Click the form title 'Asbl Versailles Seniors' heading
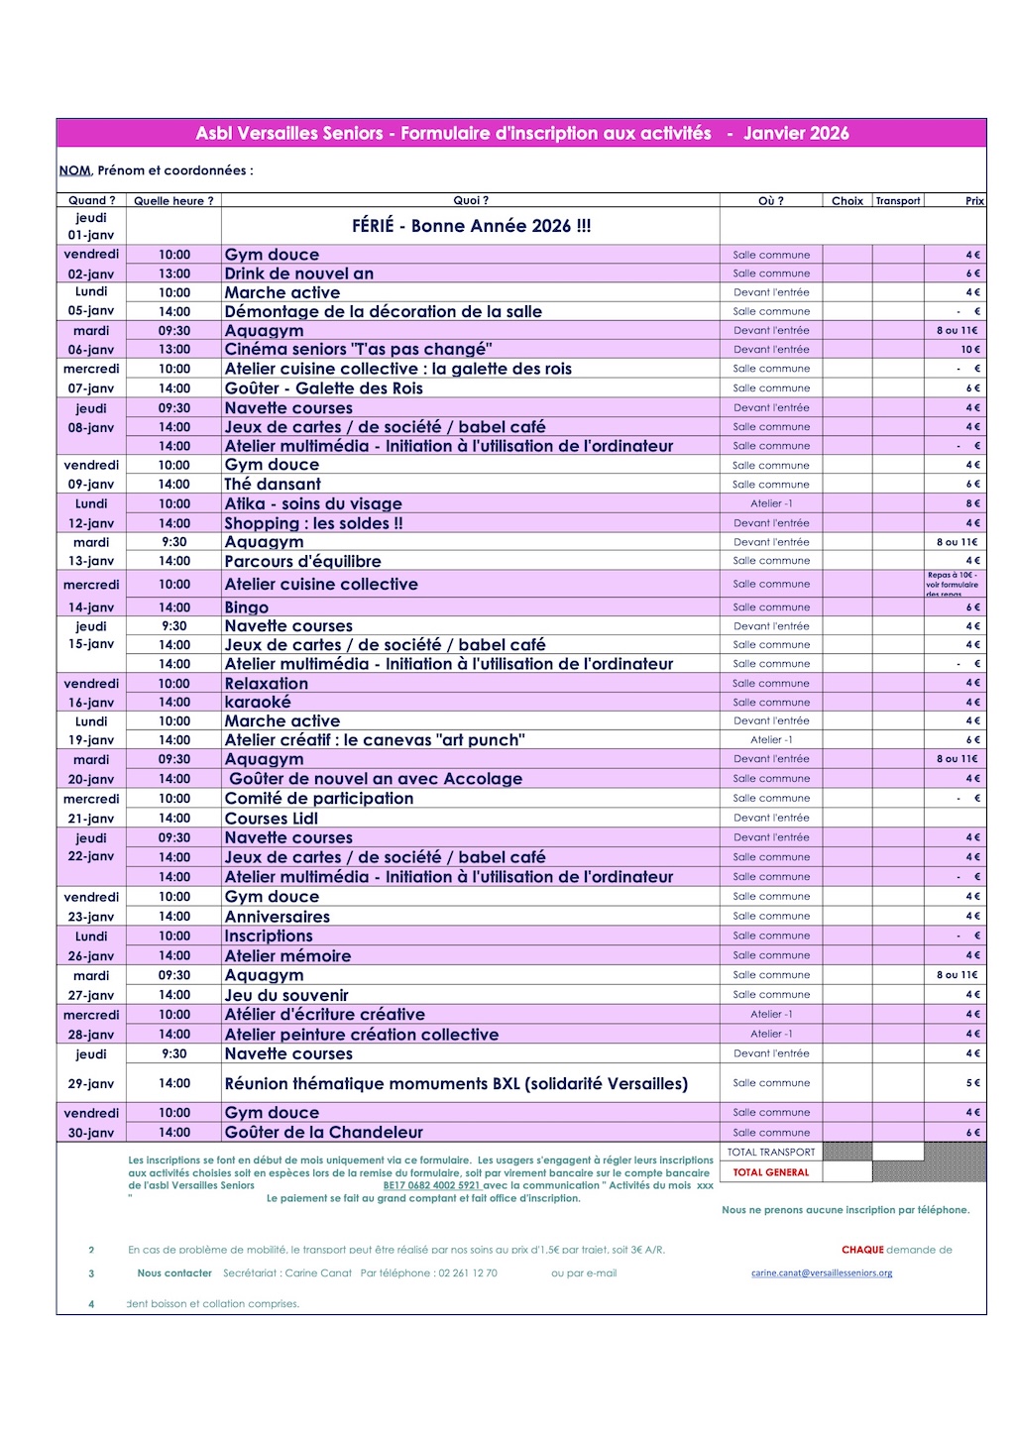pos(521,133)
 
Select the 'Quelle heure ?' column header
pos(173,201)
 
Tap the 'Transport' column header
pos(898,201)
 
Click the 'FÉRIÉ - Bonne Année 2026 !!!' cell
pos(471,226)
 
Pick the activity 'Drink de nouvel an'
pos(299,274)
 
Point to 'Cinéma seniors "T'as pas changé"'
pos(359,349)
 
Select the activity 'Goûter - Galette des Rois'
pos(324,388)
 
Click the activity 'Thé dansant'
pos(273,485)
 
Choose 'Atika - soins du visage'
pos(313,503)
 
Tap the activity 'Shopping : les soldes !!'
pos(313,523)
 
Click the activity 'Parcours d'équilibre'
pos(302,561)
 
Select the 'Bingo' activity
pos(247,607)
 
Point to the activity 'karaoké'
pos(258,702)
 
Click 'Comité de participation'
pos(319,798)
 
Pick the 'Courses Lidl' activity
pos(272,819)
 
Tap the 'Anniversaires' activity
pos(278,917)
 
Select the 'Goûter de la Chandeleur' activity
pos(324,1133)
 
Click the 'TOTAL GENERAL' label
pos(771,1172)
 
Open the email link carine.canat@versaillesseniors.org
pos(822,1273)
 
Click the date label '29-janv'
pos(91,1084)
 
